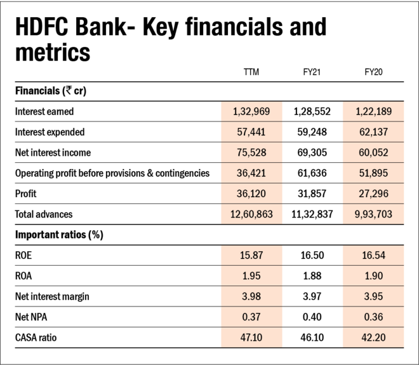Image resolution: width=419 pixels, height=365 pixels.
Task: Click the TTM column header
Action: (251, 72)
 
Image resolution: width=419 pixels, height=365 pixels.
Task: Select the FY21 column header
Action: (311, 72)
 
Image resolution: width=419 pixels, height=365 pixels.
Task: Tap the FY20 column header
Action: (373, 72)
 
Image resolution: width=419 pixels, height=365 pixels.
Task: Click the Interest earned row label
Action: (44, 111)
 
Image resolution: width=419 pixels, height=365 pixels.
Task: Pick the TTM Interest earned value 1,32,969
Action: (251, 111)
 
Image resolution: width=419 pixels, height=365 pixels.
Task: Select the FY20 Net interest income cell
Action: (373, 153)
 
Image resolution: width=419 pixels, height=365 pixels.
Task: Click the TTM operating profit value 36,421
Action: (251, 173)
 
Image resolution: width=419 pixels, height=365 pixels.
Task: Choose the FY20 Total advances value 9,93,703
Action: (373, 214)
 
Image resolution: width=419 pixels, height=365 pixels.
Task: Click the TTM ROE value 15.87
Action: (251, 255)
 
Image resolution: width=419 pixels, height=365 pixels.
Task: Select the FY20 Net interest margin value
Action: (373, 296)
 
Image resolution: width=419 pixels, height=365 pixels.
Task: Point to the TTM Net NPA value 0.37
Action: (251, 317)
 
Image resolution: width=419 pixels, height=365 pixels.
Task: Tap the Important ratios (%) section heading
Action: (59, 235)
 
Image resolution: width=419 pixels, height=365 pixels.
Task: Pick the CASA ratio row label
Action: (36, 338)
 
